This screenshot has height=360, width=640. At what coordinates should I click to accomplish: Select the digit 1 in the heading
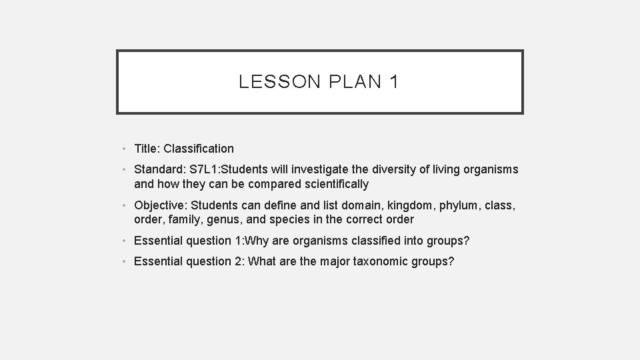394,82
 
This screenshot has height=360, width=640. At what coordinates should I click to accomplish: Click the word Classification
199,149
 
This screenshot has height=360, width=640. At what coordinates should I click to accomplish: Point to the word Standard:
159,169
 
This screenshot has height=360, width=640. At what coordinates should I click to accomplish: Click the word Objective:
161,205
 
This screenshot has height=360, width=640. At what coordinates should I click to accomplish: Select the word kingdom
407,205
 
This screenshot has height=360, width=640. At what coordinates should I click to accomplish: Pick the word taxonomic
377,261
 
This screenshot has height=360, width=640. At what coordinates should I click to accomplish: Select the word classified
359,240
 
